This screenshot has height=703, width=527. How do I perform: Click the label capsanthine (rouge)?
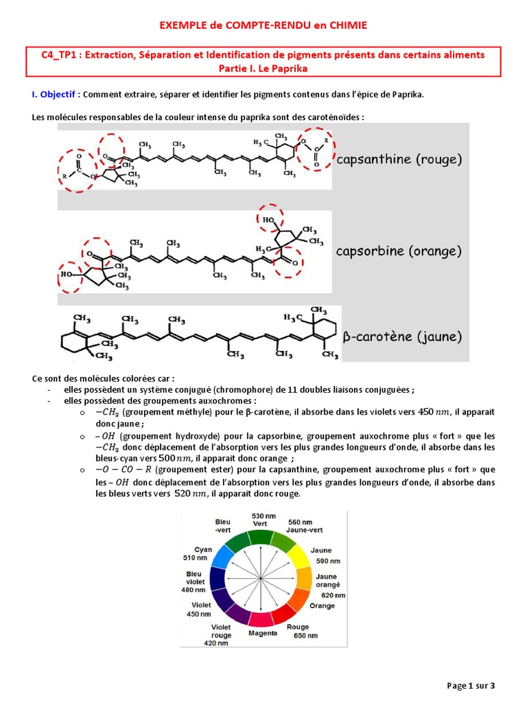(x=399, y=159)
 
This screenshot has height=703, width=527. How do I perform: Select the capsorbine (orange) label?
(x=399, y=251)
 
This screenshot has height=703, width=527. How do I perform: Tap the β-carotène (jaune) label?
(x=402, y=337)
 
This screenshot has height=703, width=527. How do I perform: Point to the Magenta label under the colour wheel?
(x=263, y=633)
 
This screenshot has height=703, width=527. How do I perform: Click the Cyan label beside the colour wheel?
(x=203, y=549)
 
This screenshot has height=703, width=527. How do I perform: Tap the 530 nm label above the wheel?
(x=263, y=515)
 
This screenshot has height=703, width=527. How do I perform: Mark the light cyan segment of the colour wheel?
(x=222, y=557)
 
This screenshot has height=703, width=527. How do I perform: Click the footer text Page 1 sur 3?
(x=471, y=685)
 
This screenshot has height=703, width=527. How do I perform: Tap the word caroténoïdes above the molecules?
(x=337, y=117)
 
